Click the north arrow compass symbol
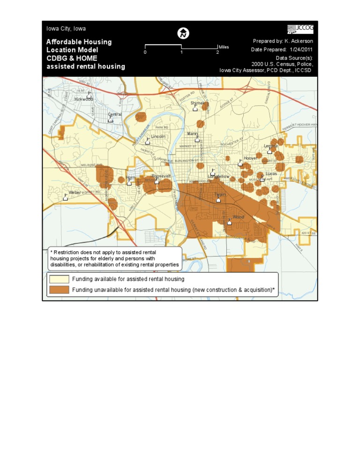click(183, 34)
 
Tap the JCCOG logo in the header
click(300, 29)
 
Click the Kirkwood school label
click(84, 99)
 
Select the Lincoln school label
click(158, 136)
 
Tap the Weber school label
click(75, 193)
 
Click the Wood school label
click(239, 217)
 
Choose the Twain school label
click(220, 194)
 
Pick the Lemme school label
click(271, 146)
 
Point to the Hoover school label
click(250, 158)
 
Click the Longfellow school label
click(219, 176)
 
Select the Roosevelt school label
click(161, 176)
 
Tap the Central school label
click(115, 114)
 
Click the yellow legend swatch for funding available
click(59, 279)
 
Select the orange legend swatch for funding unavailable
click(59, 290)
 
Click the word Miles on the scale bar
click(224, 47)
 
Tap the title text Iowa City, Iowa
click(66, 29)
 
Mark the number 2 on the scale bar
click(217, 53)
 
